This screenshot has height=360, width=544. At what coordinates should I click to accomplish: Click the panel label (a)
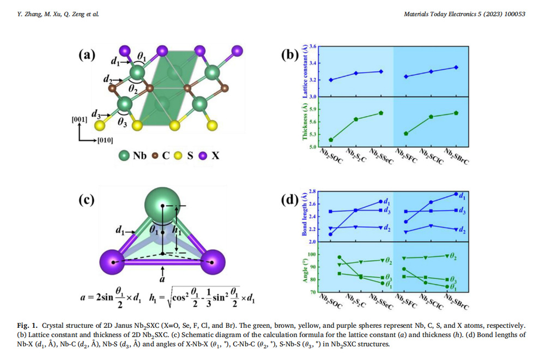[87, 55]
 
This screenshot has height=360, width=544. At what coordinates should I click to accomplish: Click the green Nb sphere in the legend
[125, 155]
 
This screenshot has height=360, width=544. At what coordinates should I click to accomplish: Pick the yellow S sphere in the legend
[177, 155]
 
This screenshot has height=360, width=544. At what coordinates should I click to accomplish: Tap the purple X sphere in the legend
[203, 155]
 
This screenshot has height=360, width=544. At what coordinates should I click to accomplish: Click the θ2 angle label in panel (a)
[133, 87]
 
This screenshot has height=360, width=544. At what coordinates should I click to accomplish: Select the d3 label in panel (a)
[97, 114]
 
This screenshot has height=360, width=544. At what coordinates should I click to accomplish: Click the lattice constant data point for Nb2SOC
[331, 80]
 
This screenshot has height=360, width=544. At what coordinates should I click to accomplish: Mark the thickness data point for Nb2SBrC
[456, 113]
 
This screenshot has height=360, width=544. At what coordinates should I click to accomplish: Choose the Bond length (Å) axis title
[305, 215]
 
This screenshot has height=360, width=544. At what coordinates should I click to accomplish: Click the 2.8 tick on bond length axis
[312, 191]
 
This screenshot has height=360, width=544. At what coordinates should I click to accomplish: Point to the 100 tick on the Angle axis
[311, 255]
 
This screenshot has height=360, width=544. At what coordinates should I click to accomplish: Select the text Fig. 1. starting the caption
[27, 325]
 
